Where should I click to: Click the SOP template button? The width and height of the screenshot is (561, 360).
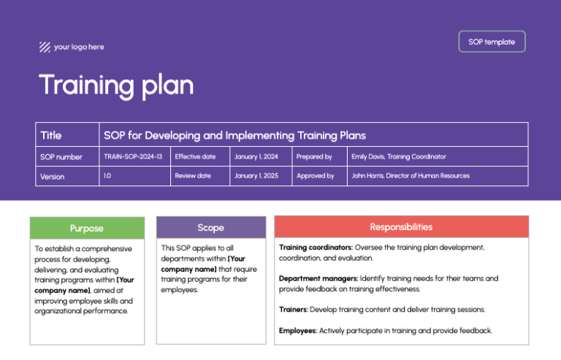pos(492,42)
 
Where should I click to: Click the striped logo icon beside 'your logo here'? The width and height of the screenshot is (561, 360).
pos(45,47)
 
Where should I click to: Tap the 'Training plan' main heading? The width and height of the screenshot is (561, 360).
pos(116,85)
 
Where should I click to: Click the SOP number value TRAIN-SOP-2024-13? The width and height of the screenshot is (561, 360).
pos(133,156)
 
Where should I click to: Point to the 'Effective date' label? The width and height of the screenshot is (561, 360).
pos(195,156)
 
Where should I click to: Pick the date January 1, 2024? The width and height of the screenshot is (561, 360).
pos(256,156)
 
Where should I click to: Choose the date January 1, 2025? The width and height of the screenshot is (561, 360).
pos(256,176)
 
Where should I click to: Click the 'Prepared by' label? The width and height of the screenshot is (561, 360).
pos(314,156)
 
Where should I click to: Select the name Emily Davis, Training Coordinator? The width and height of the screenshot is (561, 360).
pos(399,156)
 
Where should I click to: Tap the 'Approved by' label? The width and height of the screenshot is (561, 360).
pos(315,176)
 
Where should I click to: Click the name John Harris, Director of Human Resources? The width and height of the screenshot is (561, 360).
pos(411,176)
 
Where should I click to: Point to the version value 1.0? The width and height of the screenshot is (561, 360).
pos(107,176)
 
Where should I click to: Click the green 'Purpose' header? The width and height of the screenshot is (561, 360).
pos(86,228)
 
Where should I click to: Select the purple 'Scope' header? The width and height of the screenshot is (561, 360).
pos(210,228)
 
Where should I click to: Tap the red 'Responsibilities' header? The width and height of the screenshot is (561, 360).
pos(401,227)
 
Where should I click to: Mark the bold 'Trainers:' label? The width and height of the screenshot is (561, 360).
pos(294,310)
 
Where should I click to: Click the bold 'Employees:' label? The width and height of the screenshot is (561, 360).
pos(297,331)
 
